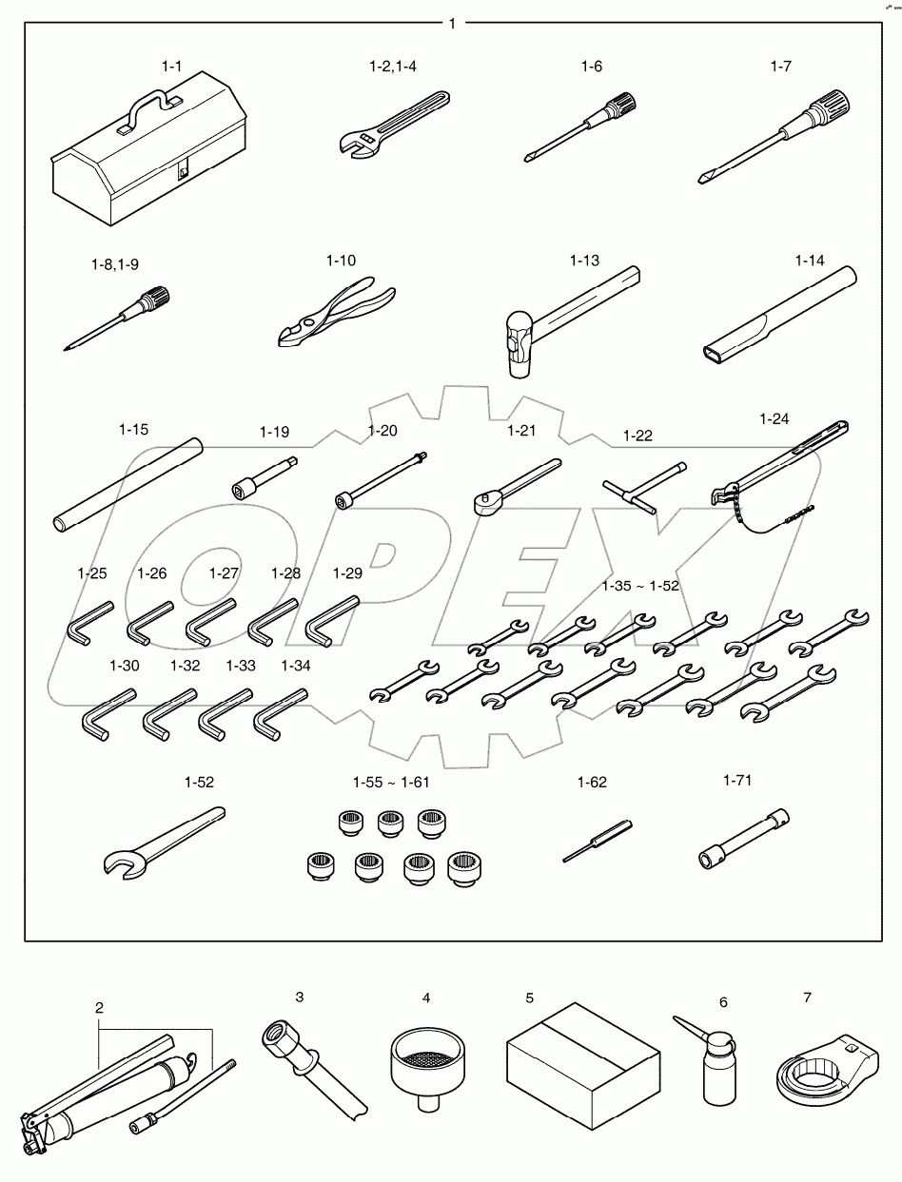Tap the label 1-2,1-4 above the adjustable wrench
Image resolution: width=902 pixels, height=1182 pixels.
393,67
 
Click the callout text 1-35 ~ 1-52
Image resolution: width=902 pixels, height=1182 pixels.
640,586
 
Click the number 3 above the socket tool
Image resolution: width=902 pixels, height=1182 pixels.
299,997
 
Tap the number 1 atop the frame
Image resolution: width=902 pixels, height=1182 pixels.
451,22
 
